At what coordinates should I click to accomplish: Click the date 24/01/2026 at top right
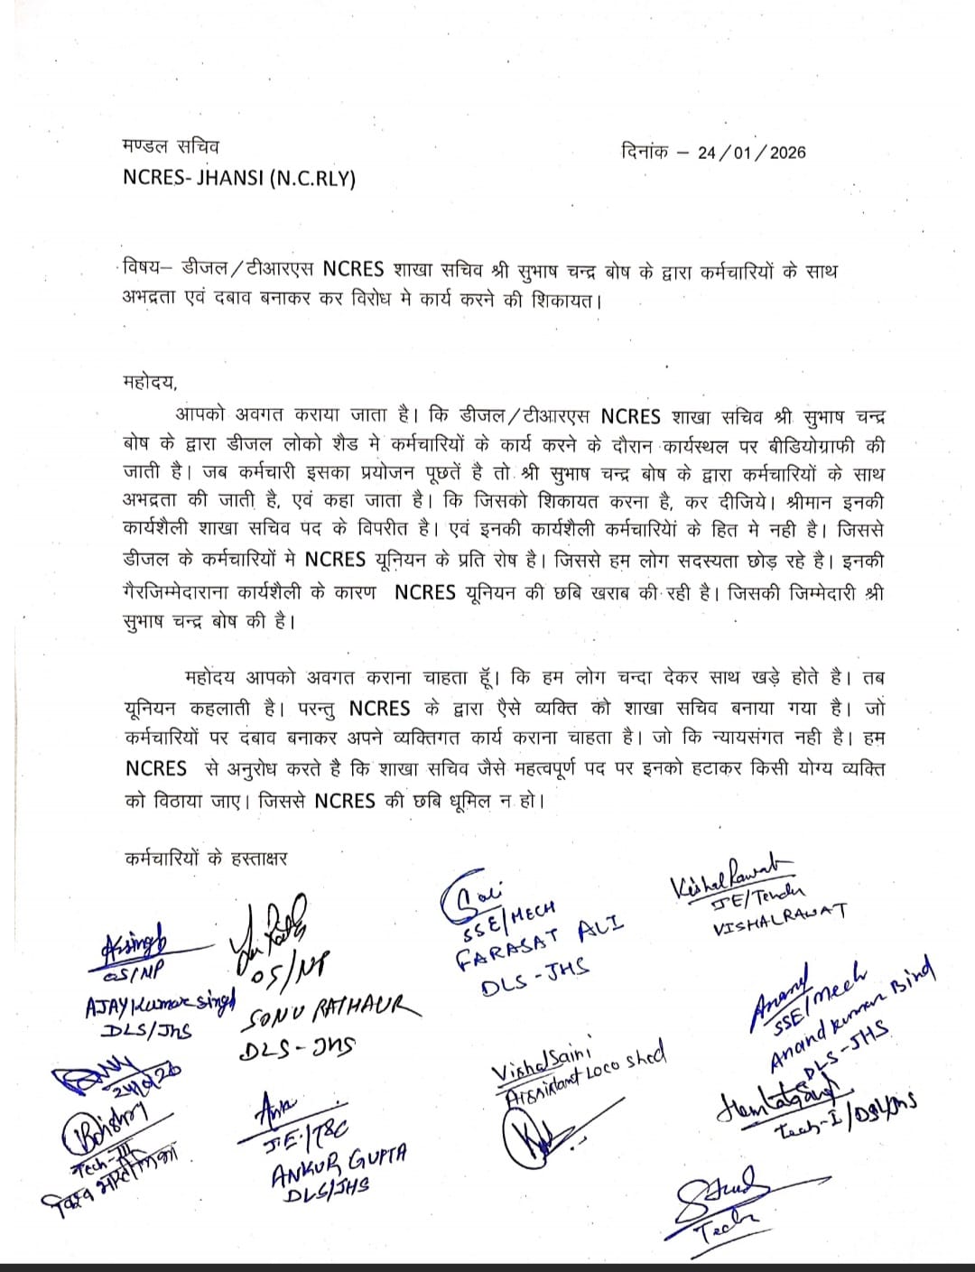[752, 153]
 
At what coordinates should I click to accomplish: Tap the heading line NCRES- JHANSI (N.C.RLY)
[239, 178]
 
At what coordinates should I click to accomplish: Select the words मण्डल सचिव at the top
[170, 146]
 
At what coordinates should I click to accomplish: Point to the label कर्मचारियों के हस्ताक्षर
[207, 859]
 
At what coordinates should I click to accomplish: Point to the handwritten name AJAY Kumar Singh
[160, 1004]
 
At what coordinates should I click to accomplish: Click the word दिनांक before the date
[645, 151]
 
